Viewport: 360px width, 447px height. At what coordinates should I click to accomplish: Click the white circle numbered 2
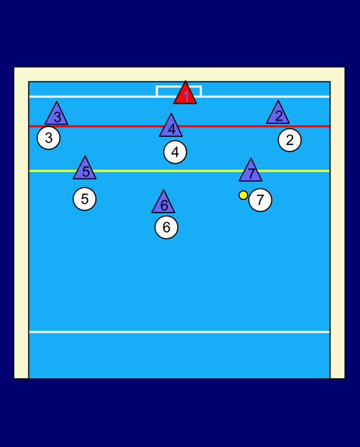290,140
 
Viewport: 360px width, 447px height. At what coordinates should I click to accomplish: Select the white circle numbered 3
49,138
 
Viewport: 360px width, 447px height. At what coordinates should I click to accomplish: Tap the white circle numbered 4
175,152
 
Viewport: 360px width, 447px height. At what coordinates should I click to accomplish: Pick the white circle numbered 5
85,199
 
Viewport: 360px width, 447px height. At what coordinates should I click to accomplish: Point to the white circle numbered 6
166,227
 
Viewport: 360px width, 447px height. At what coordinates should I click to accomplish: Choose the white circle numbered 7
260,200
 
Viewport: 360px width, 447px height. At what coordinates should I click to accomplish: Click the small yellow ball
243,195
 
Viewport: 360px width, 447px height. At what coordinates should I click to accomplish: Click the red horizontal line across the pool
179,126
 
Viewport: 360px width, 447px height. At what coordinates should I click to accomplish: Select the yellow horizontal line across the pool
179,171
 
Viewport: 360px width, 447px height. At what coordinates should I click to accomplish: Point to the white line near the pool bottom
179,332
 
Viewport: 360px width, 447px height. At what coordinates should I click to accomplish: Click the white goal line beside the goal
93,96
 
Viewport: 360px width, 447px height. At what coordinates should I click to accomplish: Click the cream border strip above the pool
179,74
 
